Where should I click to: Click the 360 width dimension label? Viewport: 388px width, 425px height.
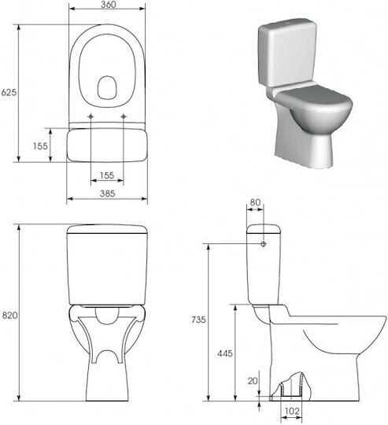point(108,5)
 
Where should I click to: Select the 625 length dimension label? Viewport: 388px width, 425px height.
point(9,92)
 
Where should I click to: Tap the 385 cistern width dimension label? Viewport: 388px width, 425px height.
point(107,194)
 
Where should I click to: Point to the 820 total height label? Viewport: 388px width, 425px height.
point(9,316)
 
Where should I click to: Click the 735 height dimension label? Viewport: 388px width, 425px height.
point(198,320)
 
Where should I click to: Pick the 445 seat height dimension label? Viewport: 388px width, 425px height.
point(225,353)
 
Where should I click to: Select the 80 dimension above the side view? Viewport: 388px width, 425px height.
point(255,202)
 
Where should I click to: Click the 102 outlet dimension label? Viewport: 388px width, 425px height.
point(292,411)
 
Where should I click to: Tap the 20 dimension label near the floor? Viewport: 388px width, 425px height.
point(253,381)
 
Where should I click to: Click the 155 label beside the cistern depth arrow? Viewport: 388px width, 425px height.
point(40,146)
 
